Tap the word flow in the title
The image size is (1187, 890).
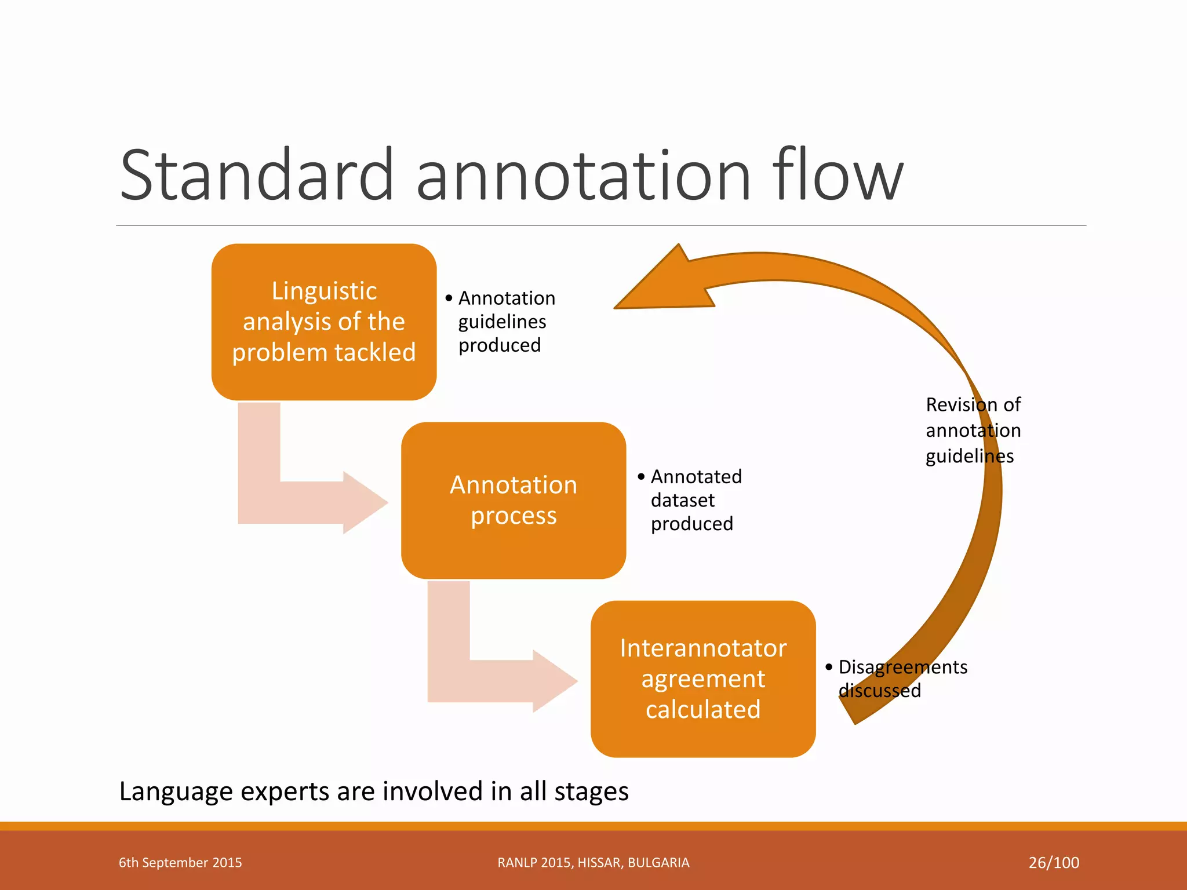(x=838, y=175)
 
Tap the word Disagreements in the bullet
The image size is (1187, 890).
(x=902, y=667)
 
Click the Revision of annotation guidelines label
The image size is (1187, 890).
(x=973, y=431)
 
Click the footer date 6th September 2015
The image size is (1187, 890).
(x=180, y=862)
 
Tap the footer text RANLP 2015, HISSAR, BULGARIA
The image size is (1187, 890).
(x=593, y=862)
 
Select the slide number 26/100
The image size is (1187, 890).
(x=1053, y=862)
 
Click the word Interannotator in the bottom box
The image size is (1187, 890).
(x=702, y=648)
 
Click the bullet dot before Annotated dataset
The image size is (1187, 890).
(x=640, y=477)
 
